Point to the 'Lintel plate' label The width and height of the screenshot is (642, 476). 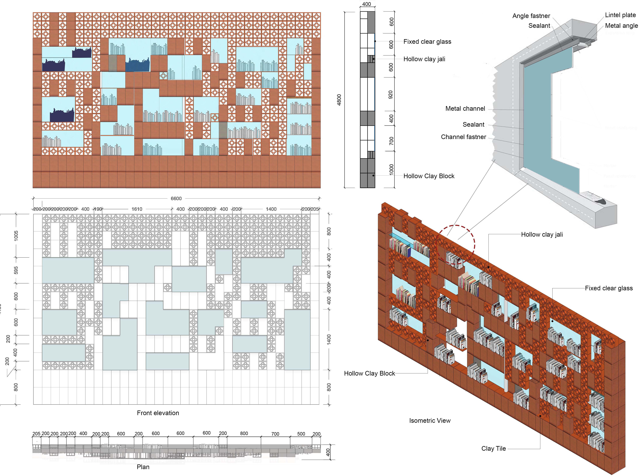click(620, 15)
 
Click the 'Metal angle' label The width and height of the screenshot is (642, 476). click(621, 26)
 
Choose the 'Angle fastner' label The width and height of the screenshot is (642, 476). click(531, 16)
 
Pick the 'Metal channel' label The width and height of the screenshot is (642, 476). click(465, 109)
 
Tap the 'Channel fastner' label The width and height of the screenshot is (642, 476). click(463, 137)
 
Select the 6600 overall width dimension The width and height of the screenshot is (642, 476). click(176, 198)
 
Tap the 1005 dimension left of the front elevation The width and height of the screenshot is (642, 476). click(16, 236)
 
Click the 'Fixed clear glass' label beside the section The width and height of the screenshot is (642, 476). click(427, 41)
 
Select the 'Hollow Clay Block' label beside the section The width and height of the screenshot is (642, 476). click(429, 176)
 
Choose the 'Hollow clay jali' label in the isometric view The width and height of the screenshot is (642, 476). click(542, 234)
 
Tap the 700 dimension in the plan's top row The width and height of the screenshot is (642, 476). click(275, 434)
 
